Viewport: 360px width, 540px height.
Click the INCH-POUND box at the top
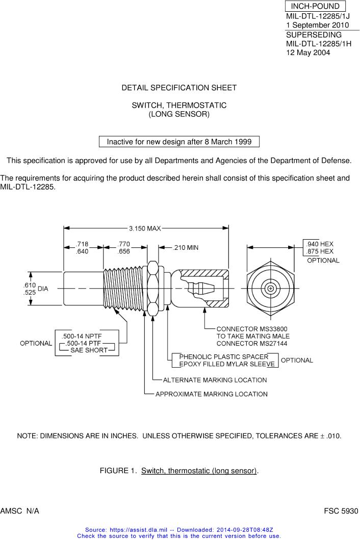tap(315, 6)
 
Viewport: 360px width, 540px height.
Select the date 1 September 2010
tap(317, 25)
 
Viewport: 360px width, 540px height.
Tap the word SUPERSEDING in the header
tap(314, 35)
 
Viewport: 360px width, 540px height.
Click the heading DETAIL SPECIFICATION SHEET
tap(179, 88)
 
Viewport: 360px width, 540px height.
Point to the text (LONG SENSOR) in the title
tap(179, 114)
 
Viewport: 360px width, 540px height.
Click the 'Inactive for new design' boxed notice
tap(179, 142)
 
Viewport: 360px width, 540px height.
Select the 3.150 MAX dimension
tap(145, 228)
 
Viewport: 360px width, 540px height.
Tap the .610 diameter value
tap(29, 285)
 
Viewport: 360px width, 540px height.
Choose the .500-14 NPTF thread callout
tap(82, 336)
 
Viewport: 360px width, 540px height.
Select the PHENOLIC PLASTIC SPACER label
tap(223, 356)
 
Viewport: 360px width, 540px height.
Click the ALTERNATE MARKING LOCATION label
tap(215, 380)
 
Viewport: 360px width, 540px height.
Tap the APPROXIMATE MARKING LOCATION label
tap(211, 394)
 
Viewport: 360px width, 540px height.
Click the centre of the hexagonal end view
tap(270, 288)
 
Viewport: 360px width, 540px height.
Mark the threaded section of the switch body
tap(124, 288)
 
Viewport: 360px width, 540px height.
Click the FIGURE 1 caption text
tap(179, 470)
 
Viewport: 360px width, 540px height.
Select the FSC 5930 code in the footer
tap(342, 510)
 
